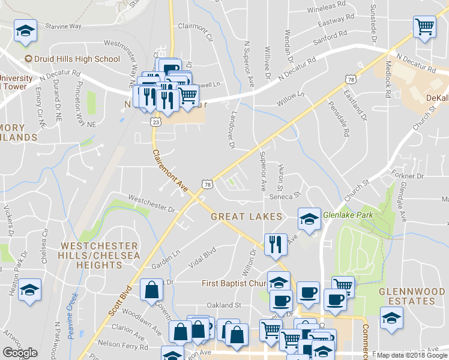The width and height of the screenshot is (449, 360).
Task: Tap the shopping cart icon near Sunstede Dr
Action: pyautogui.click(x=424, y=26)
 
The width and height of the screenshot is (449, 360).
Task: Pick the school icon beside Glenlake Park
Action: pyautogui.click(x=309, y=218)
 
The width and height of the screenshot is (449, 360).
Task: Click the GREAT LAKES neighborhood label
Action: pyautogui.click(x=246, y=216)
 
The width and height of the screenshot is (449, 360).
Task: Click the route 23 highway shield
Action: pyautogui.click(x=157, y=122)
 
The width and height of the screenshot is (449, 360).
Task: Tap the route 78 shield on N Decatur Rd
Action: pyautogui.click(x=349, y=79)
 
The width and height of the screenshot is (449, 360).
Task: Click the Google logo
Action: pyautogui.click(x=20, y=353)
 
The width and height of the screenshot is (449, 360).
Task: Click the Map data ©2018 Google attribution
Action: pyautogui.click(x=411, y=355)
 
